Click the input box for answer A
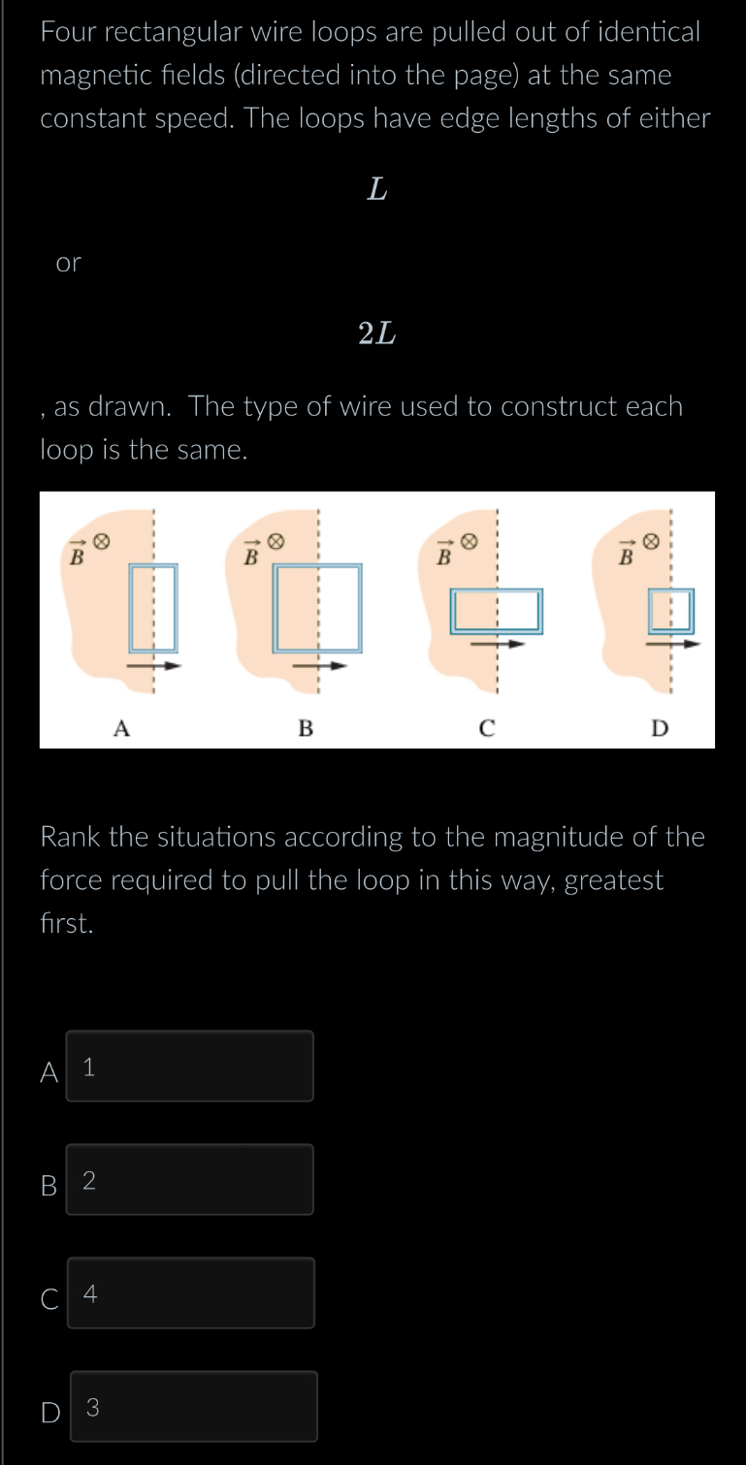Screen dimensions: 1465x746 click(190, 1067)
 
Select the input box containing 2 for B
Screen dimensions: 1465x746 click(190, 1180)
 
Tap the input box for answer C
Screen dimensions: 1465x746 click(191, 1293)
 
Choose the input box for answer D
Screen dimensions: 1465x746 click(193, 1407)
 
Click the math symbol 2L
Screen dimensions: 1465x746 click(376, 334)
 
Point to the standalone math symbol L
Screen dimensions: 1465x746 click(377, 190)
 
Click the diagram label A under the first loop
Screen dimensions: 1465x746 click(120, 728)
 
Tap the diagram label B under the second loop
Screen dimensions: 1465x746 click(306, 728)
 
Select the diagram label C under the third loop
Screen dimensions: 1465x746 click(487, 728)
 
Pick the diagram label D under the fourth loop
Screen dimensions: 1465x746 click(660, 728)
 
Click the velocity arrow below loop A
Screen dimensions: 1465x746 click(154, 666)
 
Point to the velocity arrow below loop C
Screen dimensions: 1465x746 click(498, 642)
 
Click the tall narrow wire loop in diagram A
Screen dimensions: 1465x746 click(154, 608)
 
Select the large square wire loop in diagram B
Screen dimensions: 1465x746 click(318, 608)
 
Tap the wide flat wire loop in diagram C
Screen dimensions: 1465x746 click(496, 611)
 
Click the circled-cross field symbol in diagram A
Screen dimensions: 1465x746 click(100, 538)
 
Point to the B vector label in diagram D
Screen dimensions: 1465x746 click(626, 555)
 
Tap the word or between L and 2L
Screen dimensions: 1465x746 click(69, 263)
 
